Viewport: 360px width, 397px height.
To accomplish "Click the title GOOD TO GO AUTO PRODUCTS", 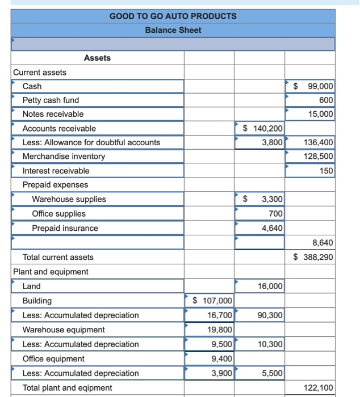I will pos(173,16).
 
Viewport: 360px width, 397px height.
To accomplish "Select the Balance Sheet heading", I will pos(173,30).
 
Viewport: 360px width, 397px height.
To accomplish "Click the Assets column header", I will pos(97,58).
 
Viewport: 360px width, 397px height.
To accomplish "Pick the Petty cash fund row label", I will pos(51,100).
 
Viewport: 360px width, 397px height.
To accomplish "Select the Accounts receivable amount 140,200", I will pos(263,129).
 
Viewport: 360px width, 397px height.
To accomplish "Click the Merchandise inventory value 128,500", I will pos(319,156).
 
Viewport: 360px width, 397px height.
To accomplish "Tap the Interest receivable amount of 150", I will pos(326,171).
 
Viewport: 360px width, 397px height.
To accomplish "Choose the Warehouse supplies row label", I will pos(69,199).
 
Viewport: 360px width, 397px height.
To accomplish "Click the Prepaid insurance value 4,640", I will pos(272,228).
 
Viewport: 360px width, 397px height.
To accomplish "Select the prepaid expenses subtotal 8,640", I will pos(323,243).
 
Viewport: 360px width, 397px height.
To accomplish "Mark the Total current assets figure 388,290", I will pos(314,257).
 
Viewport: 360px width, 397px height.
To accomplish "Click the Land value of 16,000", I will pos(270,286).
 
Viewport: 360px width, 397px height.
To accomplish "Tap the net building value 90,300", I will pos(270,315).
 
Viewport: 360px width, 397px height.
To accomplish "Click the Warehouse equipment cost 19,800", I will pos(219,330).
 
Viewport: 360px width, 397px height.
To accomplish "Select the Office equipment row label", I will pos(53,358).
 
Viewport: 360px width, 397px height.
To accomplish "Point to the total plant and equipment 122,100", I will pos(319,387).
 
